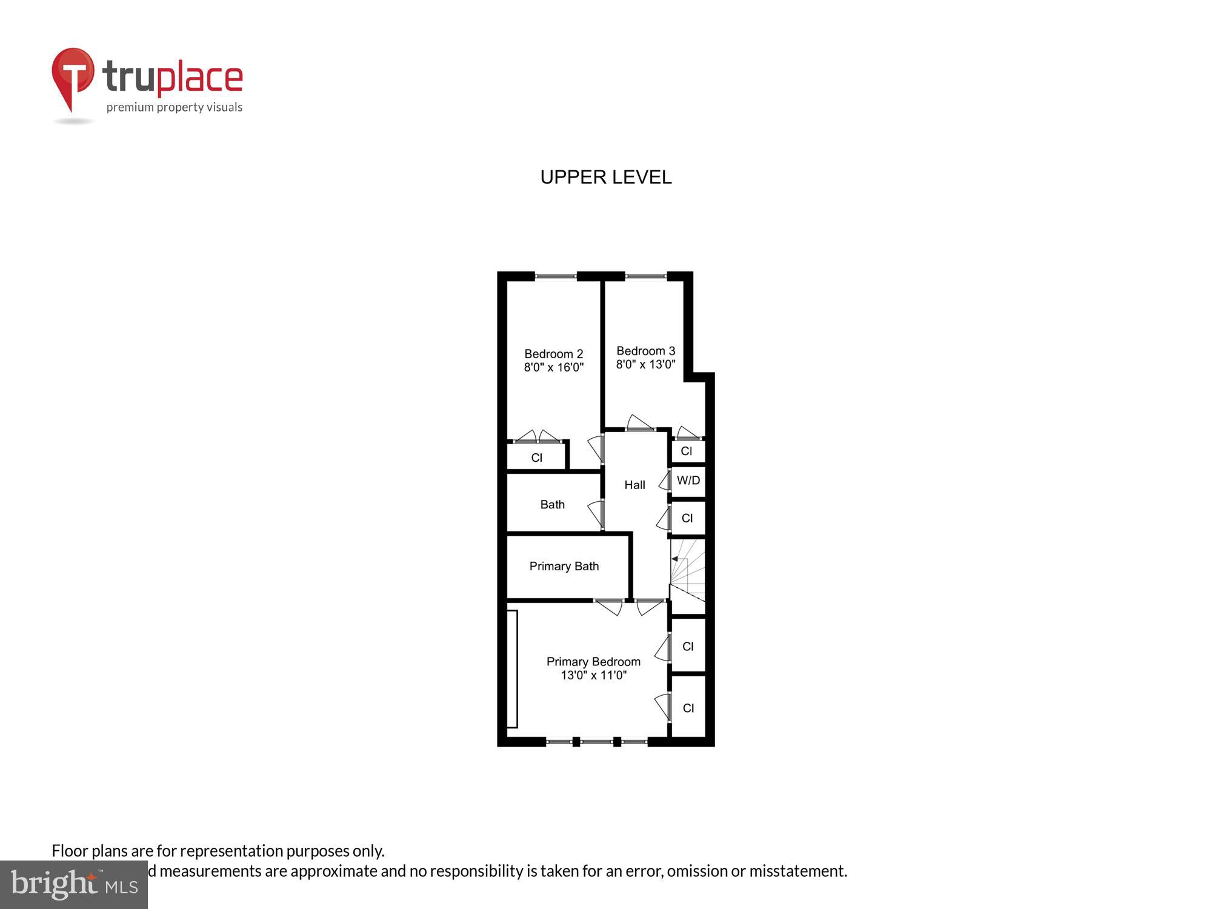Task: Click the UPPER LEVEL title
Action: pyautogui.click(x=605, y=177)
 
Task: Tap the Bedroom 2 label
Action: pyautogui.click(x=553, y=354)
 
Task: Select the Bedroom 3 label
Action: pyautogui.click(x=645, y=351)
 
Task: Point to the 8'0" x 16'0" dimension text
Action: pyautogui.click(x=553, y=367)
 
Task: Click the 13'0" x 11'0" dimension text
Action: pyautogui.click(x=593, y=675)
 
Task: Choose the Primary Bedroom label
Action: pyautogui.click(x=593, y=662)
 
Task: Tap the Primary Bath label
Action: pyautogui.click(x=564, y=566)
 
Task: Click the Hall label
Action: pyautogui.click(x=634, y=485)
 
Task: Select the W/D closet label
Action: pyautogui.click(x=688, y=481)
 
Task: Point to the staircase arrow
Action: pyautogui.click(x=675, y=559)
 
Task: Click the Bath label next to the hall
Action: pyautogui.click(x=552, y=504)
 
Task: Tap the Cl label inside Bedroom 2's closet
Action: pyautogui.click(x=536, y=458)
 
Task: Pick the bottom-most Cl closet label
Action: pyautogui.click(x=688, y=708)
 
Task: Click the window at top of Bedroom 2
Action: pyautogui.click(x=556, y=277)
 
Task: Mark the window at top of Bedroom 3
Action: pyautogui.click(x=646, y=277)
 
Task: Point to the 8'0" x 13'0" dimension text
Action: pyautogui.click(x=645, y=364)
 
